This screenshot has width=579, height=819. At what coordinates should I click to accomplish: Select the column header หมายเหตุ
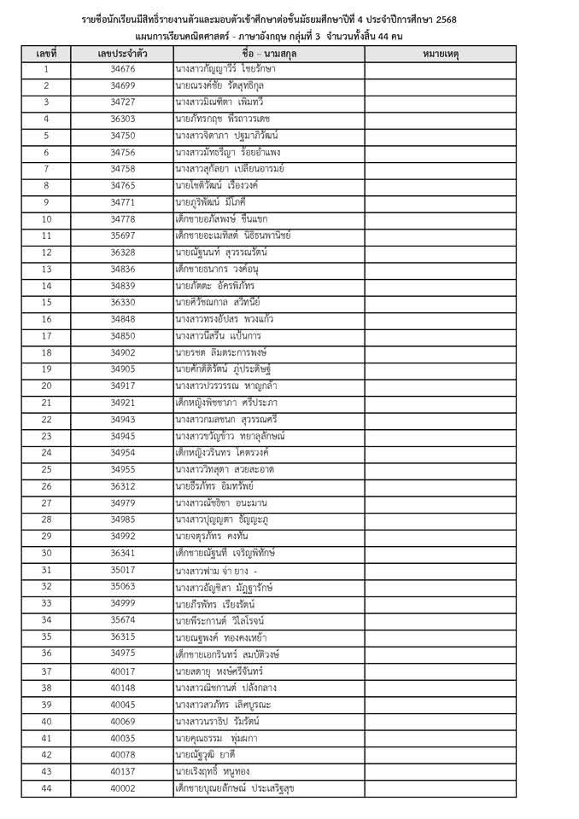click(441, 53)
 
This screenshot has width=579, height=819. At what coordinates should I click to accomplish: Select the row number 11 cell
click(46, 235)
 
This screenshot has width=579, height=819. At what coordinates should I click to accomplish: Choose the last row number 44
click(46, 787)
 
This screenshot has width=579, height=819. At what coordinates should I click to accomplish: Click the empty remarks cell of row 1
click(441, 68)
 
